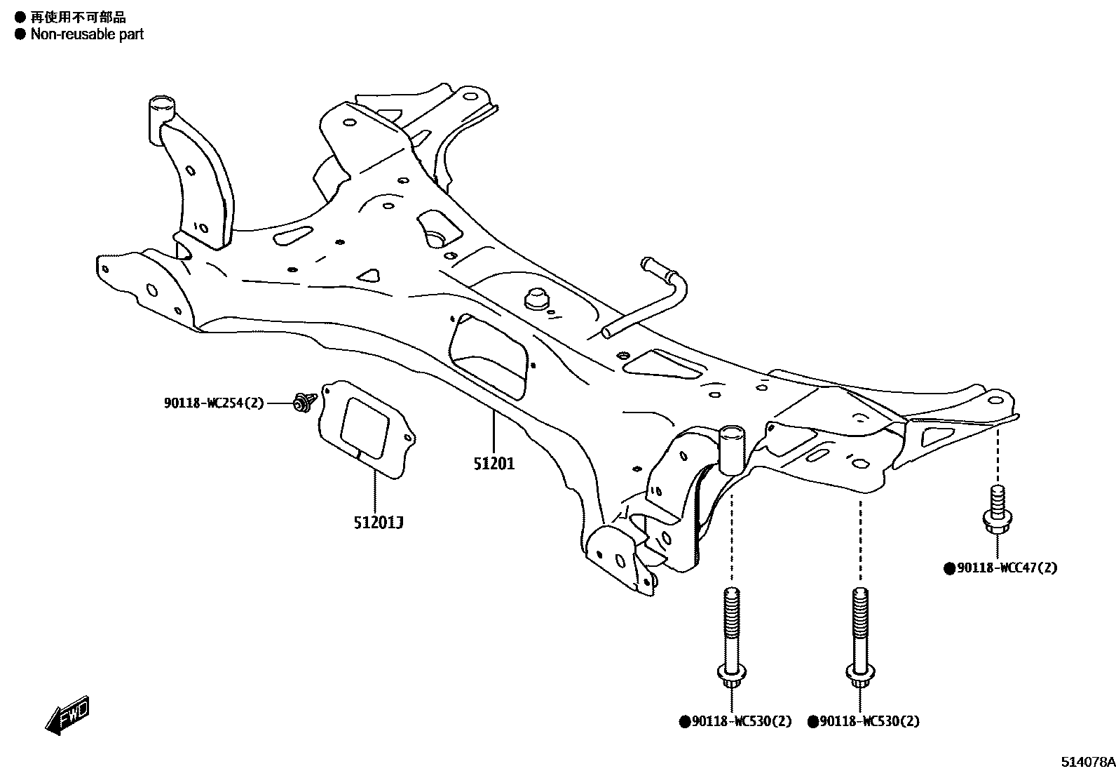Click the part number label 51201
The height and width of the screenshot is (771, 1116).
[x=494, y=464]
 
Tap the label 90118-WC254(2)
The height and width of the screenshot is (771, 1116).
[x=214, y=403]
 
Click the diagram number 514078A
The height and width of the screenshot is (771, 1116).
[x=1087, y=761]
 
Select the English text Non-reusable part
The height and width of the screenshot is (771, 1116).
[x=87, y=34]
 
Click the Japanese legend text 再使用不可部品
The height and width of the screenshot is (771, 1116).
[x=78, y=17]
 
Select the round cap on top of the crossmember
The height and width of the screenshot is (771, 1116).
[x=536, y=298]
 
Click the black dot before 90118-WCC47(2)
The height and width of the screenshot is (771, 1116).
[x=949, y=568]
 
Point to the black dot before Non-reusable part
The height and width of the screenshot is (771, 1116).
[x=20, y=34]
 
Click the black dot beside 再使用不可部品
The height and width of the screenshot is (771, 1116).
[x=20, y=17]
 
